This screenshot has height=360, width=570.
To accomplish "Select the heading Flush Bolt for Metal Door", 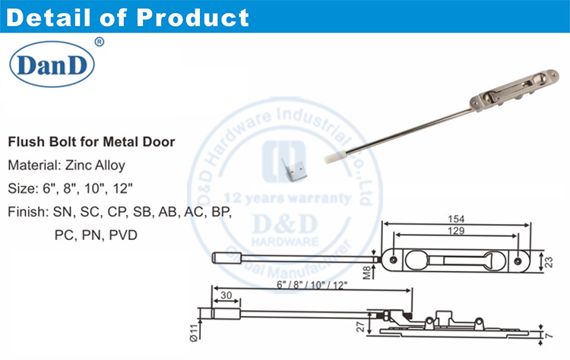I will click(x=91, y=142).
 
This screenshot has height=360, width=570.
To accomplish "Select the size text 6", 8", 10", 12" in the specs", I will click(x=96, y=188).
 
